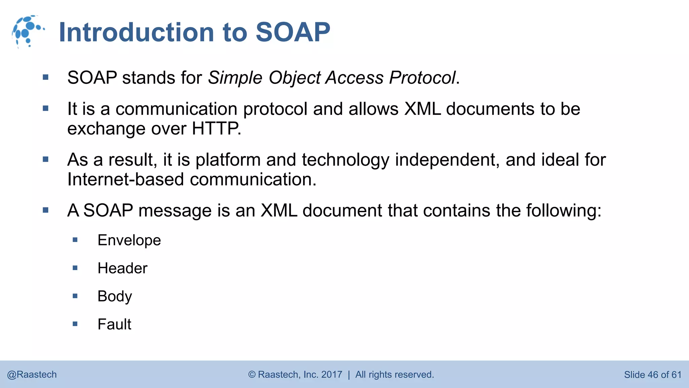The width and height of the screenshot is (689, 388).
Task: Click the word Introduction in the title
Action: pos(136,32)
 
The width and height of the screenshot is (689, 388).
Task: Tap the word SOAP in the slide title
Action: pos(293,32)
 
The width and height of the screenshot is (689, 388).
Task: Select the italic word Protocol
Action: pos(422,78)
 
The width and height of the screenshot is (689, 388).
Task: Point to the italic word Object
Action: pos(295,78)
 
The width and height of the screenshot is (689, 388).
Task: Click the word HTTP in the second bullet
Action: pos(215,129)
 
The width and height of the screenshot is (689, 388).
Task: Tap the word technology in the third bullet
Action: pos(345,160)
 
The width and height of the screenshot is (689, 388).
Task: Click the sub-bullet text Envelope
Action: pos(129,240)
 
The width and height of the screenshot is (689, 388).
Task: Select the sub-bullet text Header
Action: pos(122,268)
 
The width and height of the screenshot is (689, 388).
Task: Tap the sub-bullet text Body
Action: pos(115,296)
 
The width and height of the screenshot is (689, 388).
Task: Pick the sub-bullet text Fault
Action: pos(114,324)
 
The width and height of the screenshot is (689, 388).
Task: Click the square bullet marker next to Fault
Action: pos(75,324)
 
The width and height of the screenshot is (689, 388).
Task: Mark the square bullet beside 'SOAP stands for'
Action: pos(46,78)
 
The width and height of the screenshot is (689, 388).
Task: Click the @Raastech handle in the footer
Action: pos(32,375)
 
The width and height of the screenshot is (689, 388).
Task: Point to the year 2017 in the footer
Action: pos(331,375)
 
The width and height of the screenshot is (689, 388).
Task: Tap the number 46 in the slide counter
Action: pos(652,375)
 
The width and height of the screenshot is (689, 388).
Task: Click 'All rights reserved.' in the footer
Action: pos(395,375)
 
